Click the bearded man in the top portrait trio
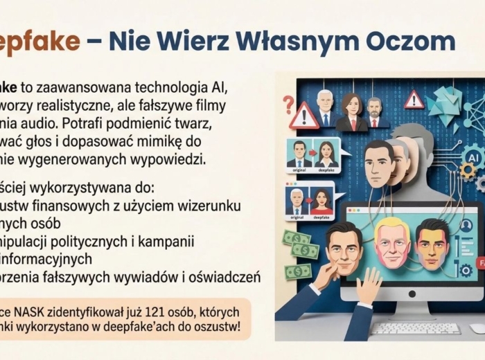[375, 111]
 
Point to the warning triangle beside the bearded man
[414, 100]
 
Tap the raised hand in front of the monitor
[367, 285]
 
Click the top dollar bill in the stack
[297, 237]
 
